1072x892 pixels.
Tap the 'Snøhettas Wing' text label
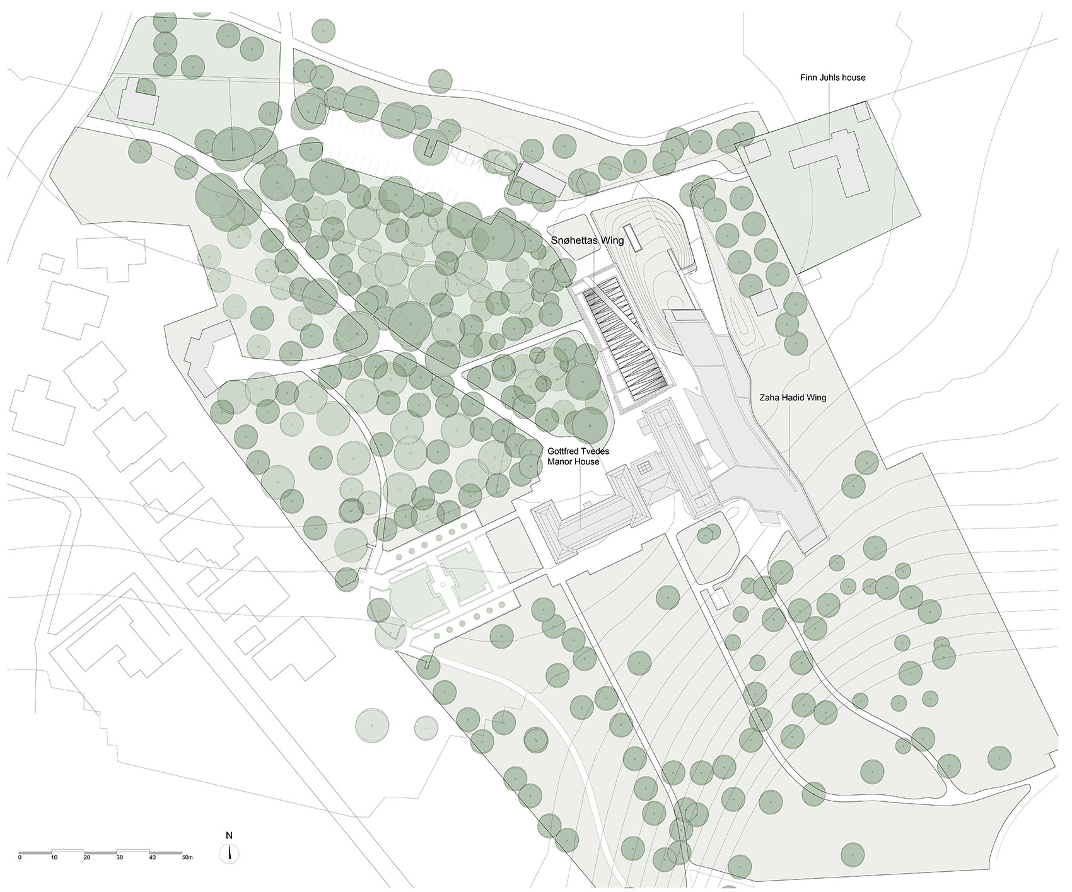(587, 240)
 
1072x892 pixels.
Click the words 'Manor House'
(573, 461)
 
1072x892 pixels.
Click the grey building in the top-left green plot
(138, 104)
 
